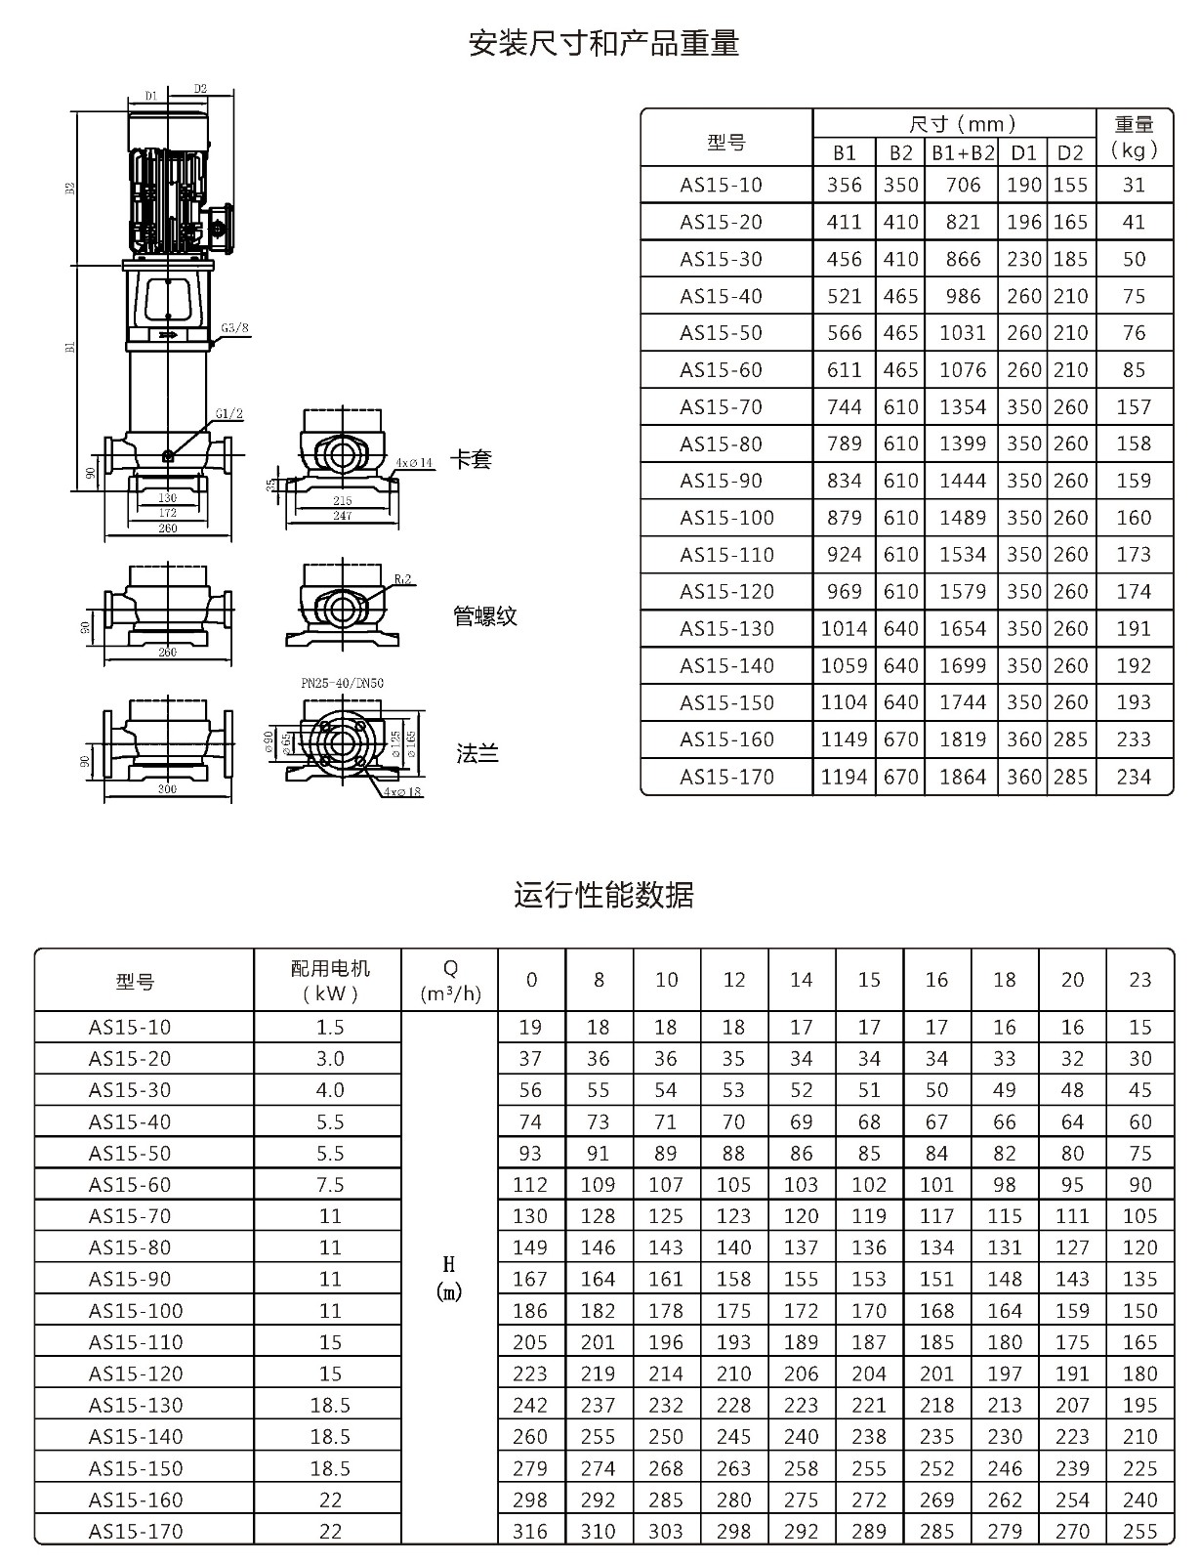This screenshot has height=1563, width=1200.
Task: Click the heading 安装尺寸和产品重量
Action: (603, 43)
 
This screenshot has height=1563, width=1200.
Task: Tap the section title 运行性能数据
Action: (603, 896)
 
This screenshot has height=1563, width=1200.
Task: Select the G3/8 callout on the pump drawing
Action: (234, 328)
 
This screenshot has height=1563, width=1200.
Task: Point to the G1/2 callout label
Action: (229, 413)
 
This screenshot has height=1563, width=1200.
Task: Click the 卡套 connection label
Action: (471, 459)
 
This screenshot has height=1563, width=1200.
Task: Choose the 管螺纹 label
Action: (484, 615)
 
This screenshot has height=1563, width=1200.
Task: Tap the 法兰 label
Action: (476, 753)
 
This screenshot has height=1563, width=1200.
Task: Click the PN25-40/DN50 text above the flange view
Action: (343, 683)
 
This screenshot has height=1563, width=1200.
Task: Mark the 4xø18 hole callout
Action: (402, 792)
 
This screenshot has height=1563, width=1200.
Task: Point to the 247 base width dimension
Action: (343, 516)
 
